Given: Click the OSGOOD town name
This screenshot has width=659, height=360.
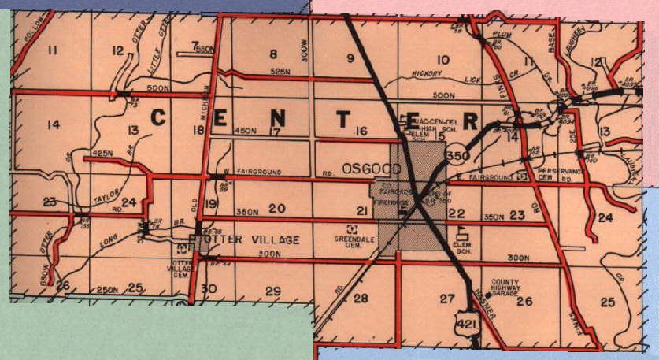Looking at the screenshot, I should click(x=368, y=169).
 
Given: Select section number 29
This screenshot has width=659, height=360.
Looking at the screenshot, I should click(x=273, y=54).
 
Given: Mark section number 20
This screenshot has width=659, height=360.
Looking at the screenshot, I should click(x=276, y=208).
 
